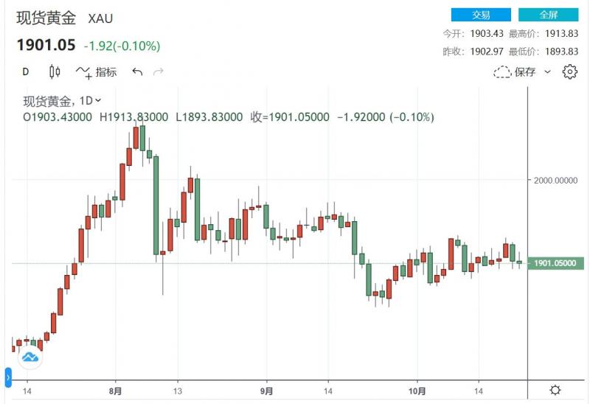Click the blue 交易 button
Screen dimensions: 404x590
point(480,14)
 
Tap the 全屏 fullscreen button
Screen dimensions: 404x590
point(548,14)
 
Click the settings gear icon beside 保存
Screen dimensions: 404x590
point(569,72)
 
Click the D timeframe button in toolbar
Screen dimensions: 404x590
point(25,72)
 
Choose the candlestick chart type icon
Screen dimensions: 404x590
point(54,72)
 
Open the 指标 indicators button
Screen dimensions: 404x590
point(96,72)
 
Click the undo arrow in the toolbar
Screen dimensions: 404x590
point(137,72)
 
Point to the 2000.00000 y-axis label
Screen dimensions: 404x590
point(557,180)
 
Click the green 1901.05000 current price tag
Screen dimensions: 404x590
point(557,263)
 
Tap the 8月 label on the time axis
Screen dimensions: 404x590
point(114,390)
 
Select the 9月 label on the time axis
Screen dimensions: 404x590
point(267,390)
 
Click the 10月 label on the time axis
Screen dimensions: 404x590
point(417,390)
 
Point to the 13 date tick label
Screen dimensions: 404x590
point(178,390)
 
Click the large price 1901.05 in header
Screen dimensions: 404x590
point(46,45)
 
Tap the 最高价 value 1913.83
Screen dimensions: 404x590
point(560,34)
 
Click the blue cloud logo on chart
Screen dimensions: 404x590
point(30,358)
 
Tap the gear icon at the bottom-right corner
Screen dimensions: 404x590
point(555,390)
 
